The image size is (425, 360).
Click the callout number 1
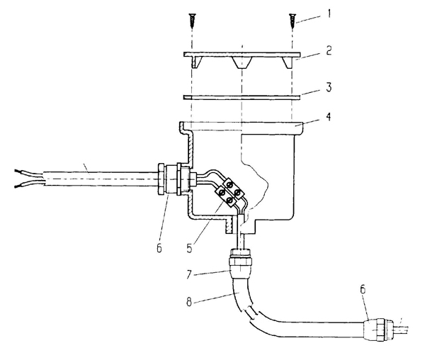coord(329,13)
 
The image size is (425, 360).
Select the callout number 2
coord(329,50)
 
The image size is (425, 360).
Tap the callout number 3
coord(329,87)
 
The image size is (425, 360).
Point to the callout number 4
coord(329,116)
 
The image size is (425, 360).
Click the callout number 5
coord(189,248)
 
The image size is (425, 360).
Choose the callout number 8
coord(189,302)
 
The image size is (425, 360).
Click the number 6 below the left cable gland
coord(159,247)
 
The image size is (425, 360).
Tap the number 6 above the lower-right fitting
coord(363,289)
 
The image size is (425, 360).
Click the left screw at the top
coord(192,21)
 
